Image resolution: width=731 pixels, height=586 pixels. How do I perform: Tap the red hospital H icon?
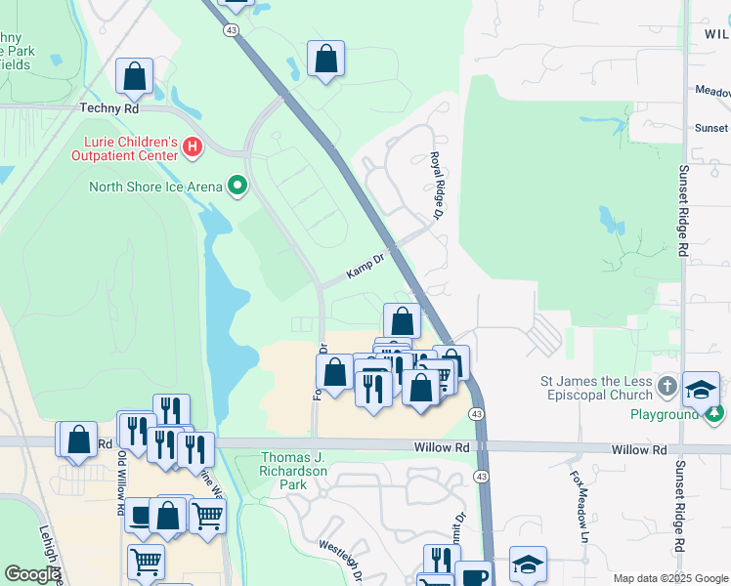[193, 148]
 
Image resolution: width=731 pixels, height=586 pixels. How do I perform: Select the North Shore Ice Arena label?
[155, 187]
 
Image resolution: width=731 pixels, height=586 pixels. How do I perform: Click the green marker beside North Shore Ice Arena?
[236, 185]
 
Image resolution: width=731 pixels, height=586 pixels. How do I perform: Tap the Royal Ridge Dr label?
[440, 185]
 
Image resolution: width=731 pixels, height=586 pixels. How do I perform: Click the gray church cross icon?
[667, 386]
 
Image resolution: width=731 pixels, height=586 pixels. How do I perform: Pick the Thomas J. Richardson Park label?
[299, 471]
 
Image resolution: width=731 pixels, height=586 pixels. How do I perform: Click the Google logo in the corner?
[33, 574]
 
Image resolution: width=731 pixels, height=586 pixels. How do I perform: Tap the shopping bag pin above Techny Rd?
[134, 75]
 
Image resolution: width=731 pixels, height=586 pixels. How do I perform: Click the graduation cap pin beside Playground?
[702, 389]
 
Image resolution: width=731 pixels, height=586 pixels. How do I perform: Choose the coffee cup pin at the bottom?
[475, 577]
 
